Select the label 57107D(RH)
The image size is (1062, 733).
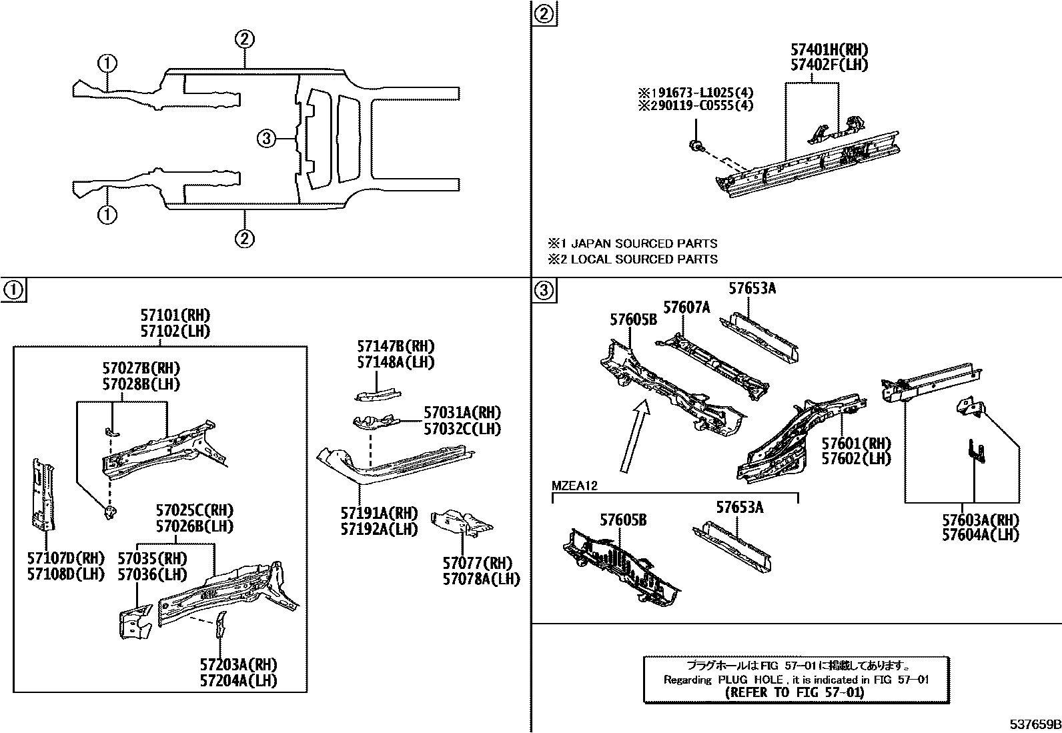coord(65,558)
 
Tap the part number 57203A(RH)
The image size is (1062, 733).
coord(238,665)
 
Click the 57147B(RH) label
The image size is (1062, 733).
coord(396,346)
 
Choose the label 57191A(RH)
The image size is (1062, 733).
coord(379,513)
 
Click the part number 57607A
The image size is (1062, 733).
coord(687,307)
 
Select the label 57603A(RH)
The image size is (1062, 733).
coord(981,520)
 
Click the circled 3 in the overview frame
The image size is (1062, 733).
coord(265,138)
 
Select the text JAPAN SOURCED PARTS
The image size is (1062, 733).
coord(644,243)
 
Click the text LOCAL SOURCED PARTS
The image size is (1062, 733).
coord(644,259)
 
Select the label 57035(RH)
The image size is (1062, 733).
coord(152,558)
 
